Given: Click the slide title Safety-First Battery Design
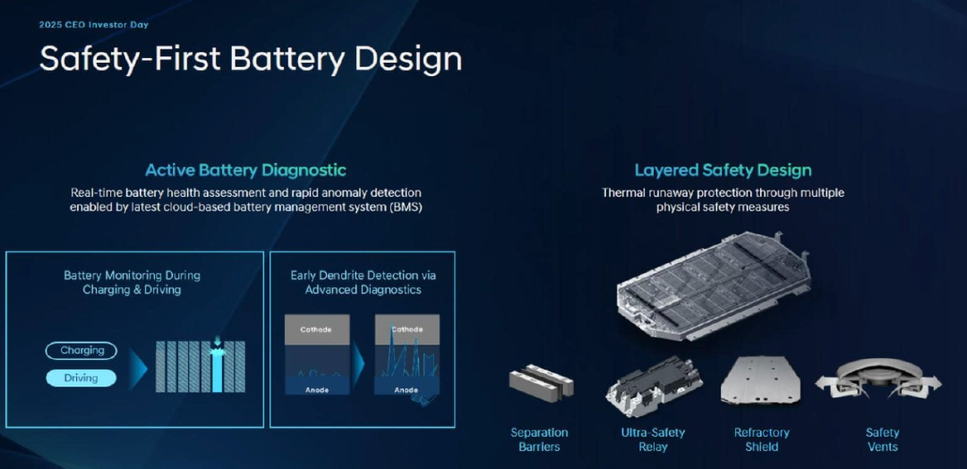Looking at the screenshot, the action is point(251,59).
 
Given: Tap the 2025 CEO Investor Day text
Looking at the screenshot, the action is point(93,25).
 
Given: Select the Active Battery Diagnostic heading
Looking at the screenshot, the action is point(245,170).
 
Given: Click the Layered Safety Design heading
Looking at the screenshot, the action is point(723,170).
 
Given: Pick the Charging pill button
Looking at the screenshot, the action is point(81,351).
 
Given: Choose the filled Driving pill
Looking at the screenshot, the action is point(81,378).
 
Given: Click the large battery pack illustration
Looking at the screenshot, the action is point(713,286).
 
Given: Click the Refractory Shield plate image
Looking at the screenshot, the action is point(761,379).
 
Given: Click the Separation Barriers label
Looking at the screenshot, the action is point(539,439).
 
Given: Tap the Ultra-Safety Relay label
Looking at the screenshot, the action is point(653,439).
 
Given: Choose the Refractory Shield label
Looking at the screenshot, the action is point(762,439).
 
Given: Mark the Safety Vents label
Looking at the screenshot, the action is point(883,439).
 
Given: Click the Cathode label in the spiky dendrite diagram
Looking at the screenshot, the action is point(407,329).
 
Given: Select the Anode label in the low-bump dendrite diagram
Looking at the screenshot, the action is point(316,389).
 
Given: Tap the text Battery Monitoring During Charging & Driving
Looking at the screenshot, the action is point(132,282).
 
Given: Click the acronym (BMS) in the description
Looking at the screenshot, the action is point(406,208).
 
